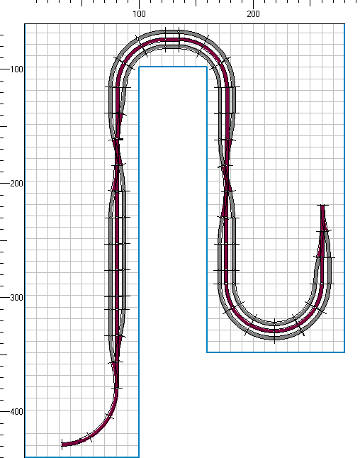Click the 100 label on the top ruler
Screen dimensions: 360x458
pos(139,14)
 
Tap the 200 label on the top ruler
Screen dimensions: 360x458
pos(253,14)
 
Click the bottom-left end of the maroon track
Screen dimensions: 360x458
pos(62,445)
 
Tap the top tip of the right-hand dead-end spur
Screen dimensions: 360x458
pos(322,206)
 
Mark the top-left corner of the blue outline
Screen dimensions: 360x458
pos(25,24)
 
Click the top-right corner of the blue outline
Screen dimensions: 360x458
pos(344,24)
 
